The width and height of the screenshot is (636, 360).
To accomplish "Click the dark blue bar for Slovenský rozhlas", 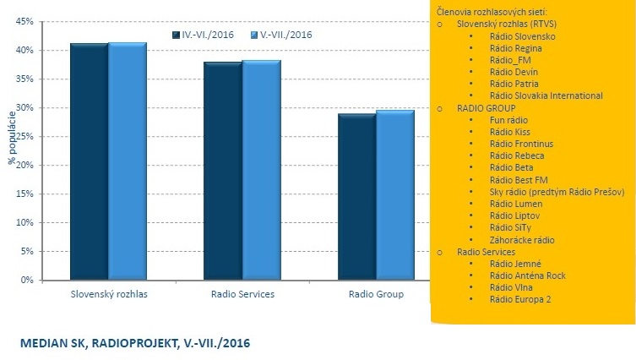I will click(x=89, y=161).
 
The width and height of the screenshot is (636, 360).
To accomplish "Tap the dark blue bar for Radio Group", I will click(x=356, y=196).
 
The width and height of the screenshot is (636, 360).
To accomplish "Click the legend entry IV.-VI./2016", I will click(x=203, y=35).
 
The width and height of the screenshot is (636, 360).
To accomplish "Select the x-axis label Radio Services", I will click(x=242, y=295).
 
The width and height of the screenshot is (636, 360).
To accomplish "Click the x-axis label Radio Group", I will click(x=376, y=295).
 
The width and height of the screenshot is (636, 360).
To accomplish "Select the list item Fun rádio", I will click(x=508, y=121).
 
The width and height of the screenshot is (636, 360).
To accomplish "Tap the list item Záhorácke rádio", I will click(x=522, y=240).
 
